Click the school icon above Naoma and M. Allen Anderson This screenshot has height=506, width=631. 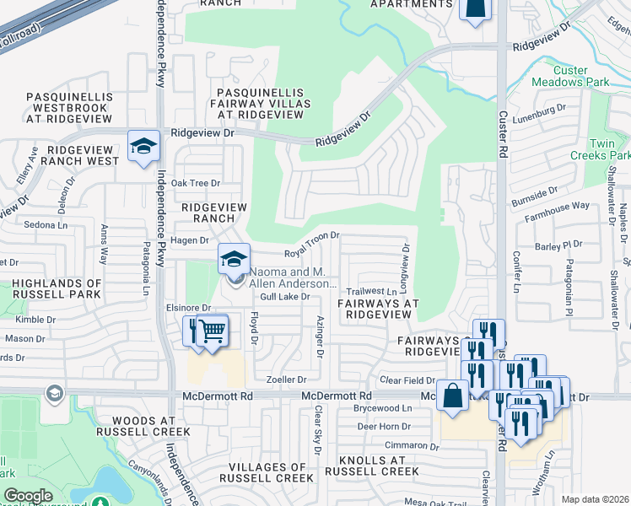[234, 259]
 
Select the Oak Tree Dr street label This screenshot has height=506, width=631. [196, 183]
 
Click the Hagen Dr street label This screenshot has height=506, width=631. [189, 240]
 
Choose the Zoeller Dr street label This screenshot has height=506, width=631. [286, 380]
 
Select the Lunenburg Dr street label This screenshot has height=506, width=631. [539, 110]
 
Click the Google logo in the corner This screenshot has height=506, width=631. [28, 496]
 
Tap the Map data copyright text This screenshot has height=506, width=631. [596, 499]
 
